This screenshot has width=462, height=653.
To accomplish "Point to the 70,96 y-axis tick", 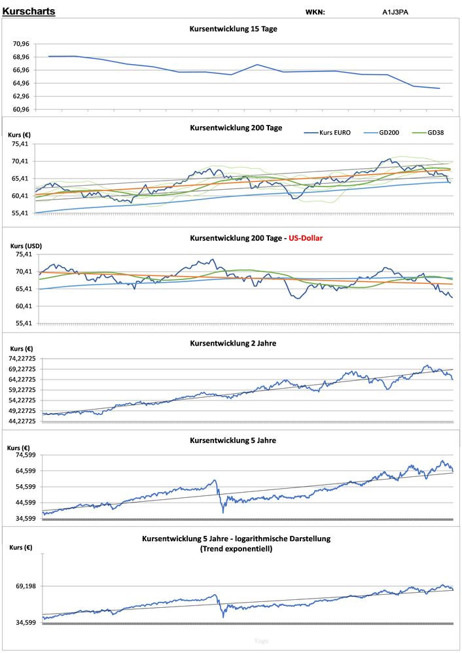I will pos(21,44).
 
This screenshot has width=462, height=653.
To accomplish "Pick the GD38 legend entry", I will pos(436,132).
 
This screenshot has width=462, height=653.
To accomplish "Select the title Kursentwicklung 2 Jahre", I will pos(233,343).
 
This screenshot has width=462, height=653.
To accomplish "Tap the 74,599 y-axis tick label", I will pos(26,455).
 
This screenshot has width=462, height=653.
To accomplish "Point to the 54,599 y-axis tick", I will pos(26,487).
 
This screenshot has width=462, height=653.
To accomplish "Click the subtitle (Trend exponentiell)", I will pos(236,549).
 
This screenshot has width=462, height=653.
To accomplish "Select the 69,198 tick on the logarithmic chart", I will pos(26,586).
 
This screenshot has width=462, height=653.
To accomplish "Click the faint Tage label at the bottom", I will pos(260,641).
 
